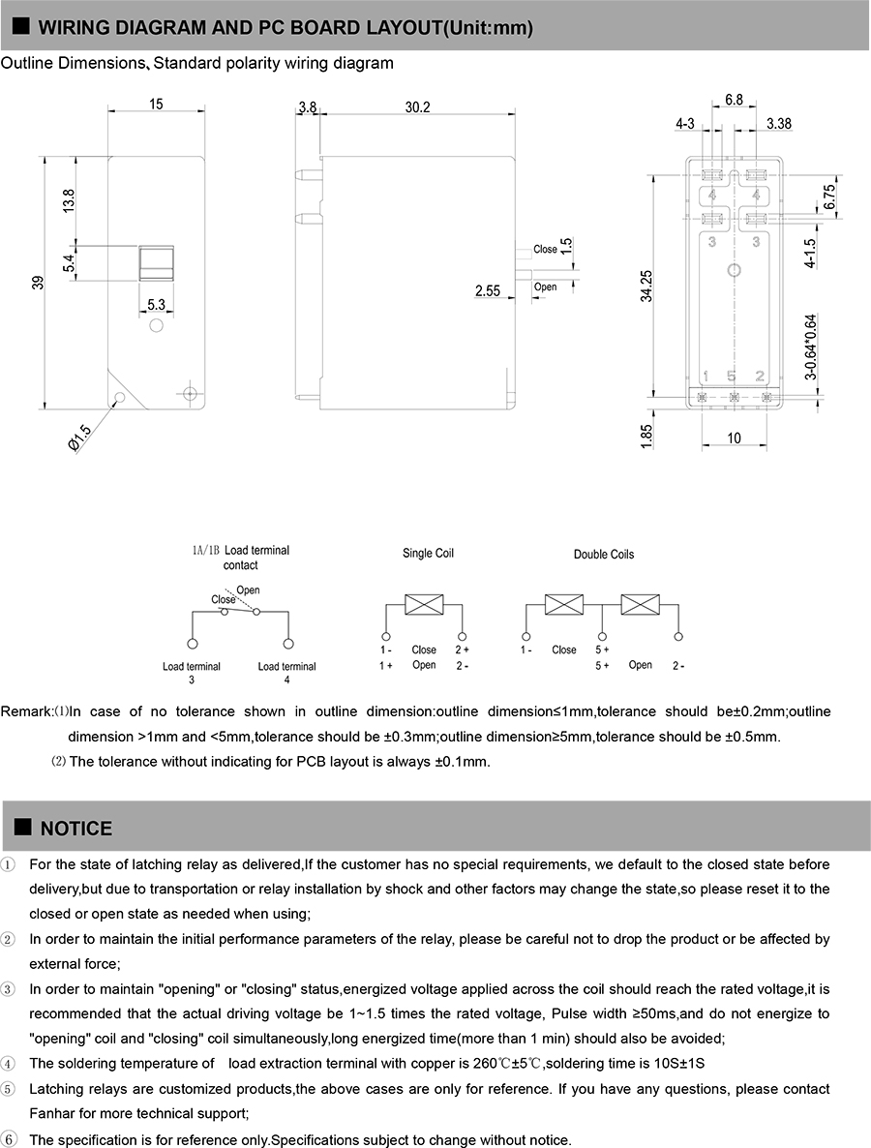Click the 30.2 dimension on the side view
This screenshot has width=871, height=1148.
point(417,107)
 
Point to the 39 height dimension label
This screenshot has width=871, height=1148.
point(38,282)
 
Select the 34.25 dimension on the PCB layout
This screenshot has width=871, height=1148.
point(646,286)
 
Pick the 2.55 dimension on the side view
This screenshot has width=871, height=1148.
point(488,290)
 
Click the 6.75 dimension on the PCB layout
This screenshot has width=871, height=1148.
point(829,196)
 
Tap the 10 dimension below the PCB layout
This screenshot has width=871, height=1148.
point(734,438)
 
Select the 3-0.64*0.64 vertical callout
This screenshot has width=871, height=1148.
point(810,347)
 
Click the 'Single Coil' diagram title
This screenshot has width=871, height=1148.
point(428,554)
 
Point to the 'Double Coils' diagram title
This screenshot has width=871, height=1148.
point(604,555)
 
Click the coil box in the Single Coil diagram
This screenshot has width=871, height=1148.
point(424,604)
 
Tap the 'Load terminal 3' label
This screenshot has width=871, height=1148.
point(192,673)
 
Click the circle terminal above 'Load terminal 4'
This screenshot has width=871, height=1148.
point(287,644)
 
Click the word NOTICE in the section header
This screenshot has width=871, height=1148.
point(76,829)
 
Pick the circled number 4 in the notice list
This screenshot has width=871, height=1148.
point(9,1063)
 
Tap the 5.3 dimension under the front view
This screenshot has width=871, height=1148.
point(156,305)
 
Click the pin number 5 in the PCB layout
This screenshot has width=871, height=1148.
point(732,376)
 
